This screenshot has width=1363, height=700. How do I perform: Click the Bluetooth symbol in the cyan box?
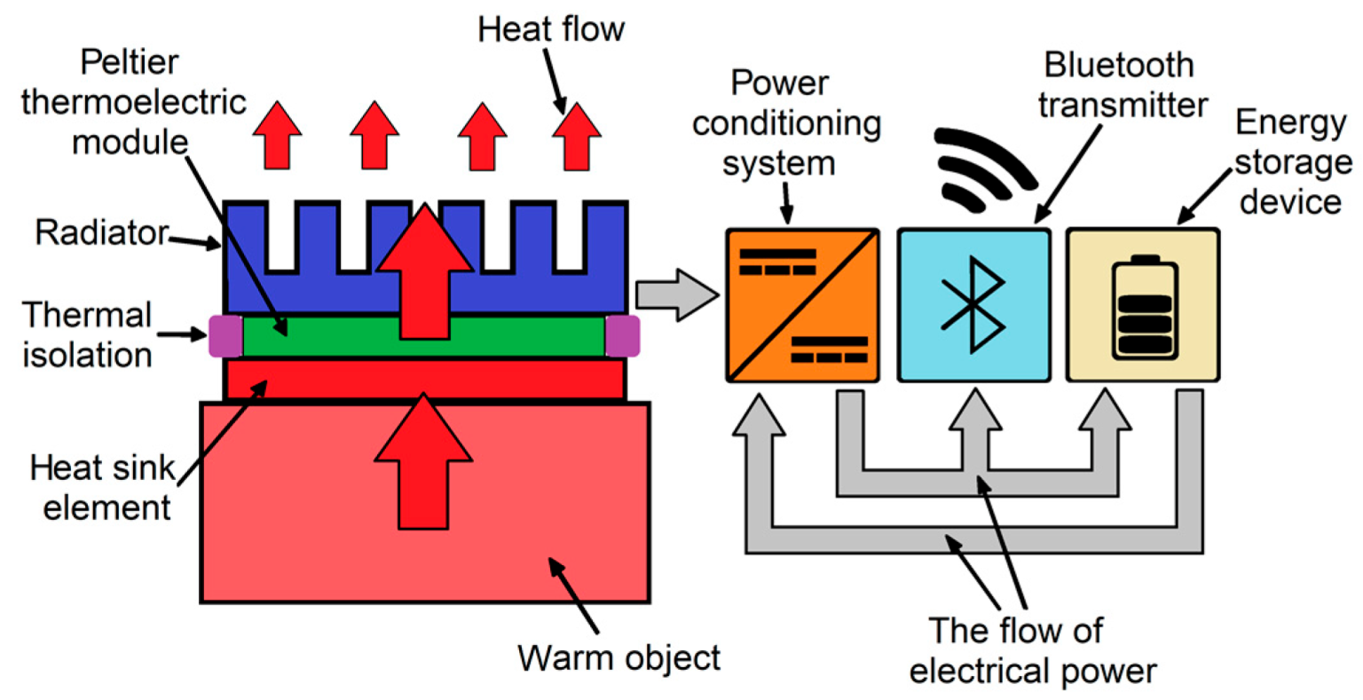point(974,304)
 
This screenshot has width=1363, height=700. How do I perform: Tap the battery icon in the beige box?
point(1144,308)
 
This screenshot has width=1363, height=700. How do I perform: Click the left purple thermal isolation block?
point(225,335)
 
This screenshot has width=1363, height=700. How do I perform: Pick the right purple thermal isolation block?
point(622,335)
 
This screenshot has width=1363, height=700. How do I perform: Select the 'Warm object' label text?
point(619,658)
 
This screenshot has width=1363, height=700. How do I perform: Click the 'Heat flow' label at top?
point(551,29)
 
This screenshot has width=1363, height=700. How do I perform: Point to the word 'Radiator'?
point(101,232)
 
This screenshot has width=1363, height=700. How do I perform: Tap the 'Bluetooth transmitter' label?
point(1120,85)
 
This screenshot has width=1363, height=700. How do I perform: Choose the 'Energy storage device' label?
point(1292,162)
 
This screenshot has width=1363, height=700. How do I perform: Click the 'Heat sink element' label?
point(101,488)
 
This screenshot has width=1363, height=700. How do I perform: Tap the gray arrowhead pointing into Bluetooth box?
point(974,413)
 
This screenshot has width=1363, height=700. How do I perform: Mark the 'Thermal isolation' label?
point(87,334)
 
